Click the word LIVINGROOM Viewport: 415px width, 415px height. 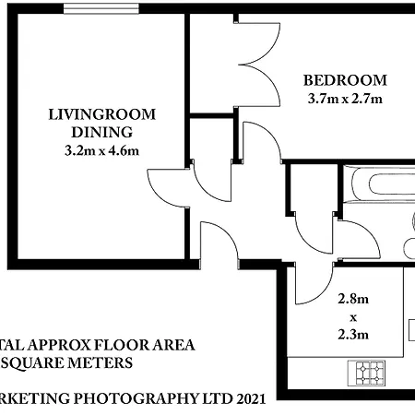102,114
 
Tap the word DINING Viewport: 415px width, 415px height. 102,132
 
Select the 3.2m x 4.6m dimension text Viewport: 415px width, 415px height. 102,150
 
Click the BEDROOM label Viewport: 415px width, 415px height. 345,80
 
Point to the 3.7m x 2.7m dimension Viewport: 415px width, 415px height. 345,98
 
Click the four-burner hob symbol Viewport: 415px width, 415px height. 370,373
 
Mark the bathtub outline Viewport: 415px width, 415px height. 380,189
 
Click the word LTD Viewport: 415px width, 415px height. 211,399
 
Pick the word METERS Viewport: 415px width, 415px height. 101,362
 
